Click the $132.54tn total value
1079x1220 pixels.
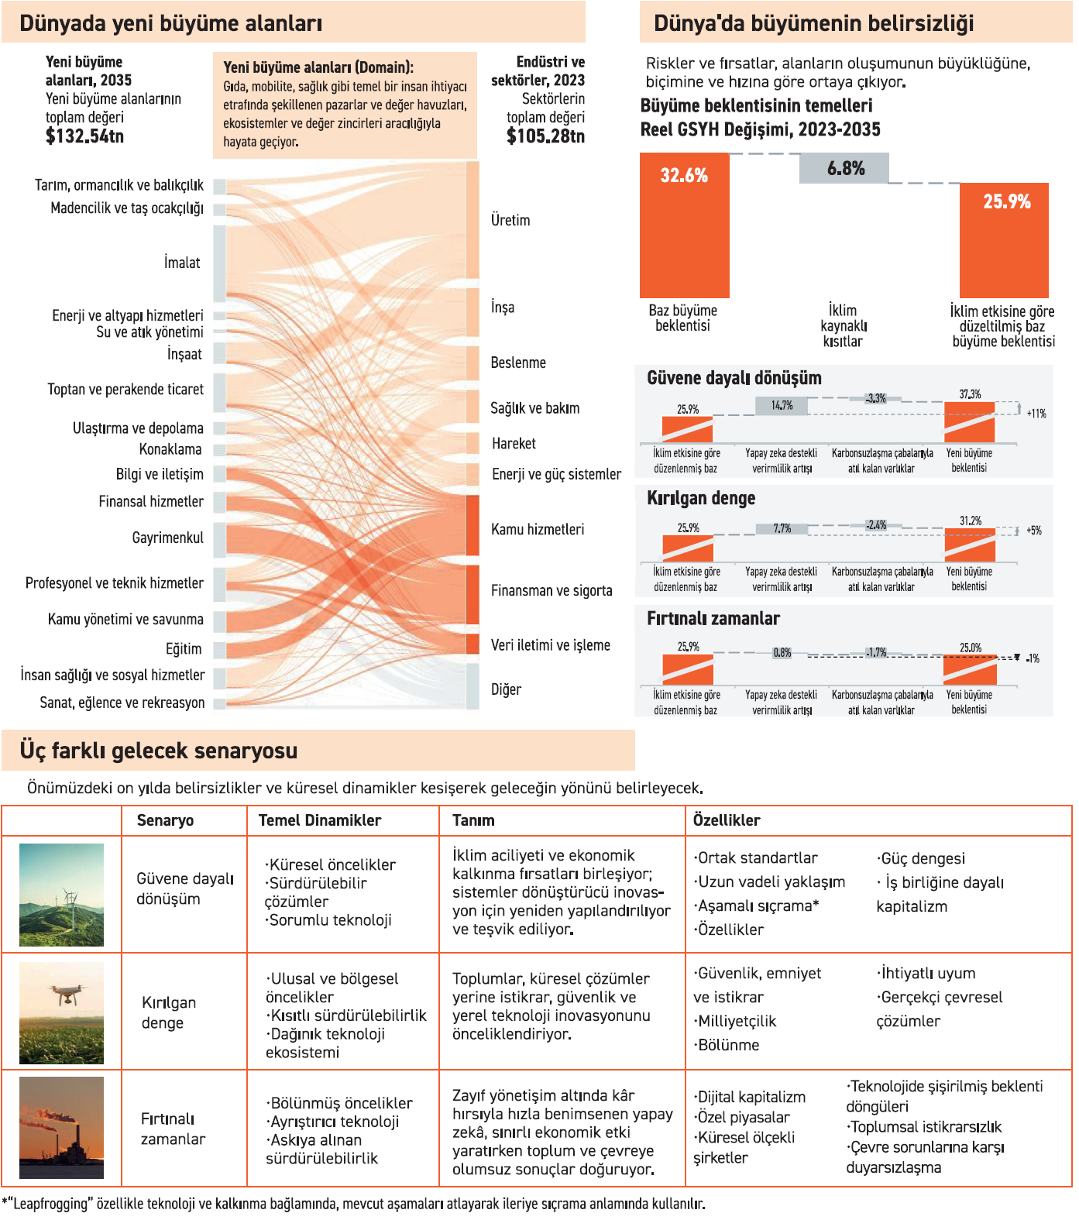point(84,136)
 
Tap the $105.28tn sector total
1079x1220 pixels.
point(545,136)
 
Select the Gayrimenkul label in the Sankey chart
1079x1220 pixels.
point(167,538)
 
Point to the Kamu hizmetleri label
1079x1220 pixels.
point(538,529)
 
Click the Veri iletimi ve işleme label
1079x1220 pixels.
point(550,645)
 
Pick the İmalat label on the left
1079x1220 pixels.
point(182,263)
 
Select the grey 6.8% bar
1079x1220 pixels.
point(844,168)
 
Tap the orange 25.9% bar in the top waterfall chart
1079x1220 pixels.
point(1004,240)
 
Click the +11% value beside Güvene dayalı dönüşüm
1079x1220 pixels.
point(1036,414)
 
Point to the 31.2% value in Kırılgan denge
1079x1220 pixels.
point(970,521)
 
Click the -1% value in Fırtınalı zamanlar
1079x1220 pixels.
point(1033,658)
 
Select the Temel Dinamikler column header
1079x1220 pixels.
point(319,820)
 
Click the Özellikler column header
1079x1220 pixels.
point(727,820)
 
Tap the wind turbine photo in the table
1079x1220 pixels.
point(61,895)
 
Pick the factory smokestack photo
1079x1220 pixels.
point(61,1128)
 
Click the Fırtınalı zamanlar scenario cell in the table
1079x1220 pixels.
point(173,1129)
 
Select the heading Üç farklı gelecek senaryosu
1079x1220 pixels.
point(159,751)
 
